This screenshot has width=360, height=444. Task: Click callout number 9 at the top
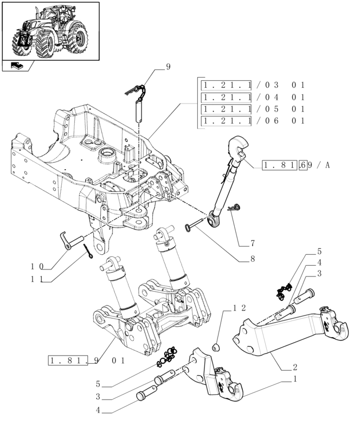168,67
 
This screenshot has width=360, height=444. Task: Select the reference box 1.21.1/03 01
253,85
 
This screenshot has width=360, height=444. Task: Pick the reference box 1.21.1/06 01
253,120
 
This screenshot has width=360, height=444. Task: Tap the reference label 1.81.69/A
296,165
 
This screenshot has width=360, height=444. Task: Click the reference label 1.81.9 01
87,360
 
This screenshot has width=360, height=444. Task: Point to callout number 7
252,243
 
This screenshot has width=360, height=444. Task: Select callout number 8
252,259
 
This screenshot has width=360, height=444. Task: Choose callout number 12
239,308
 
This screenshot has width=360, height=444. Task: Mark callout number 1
295,379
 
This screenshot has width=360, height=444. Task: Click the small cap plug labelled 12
217,346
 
